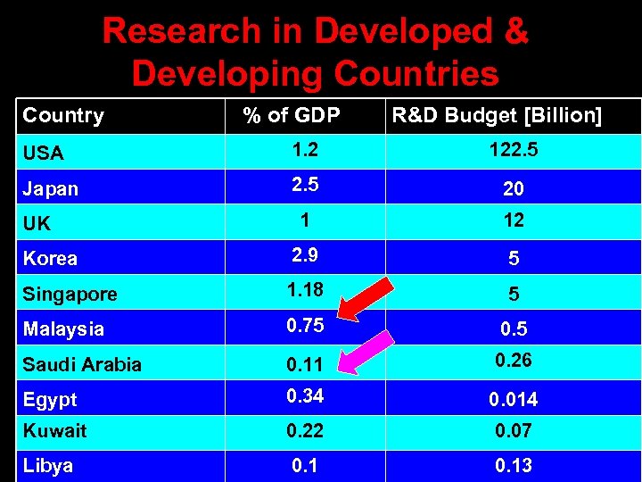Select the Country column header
point(63,116)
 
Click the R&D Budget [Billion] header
point(497,115)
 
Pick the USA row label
point(43,153)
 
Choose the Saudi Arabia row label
point(82,364)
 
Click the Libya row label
point(48,466)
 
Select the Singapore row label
point(70,294)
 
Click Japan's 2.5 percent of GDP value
point(303,186)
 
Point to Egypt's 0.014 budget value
point(513,400)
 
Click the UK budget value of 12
point(513,220)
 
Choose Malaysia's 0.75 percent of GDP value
point(305,325)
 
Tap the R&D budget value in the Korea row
point(513,259)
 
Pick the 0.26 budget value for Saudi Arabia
point(513,361)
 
